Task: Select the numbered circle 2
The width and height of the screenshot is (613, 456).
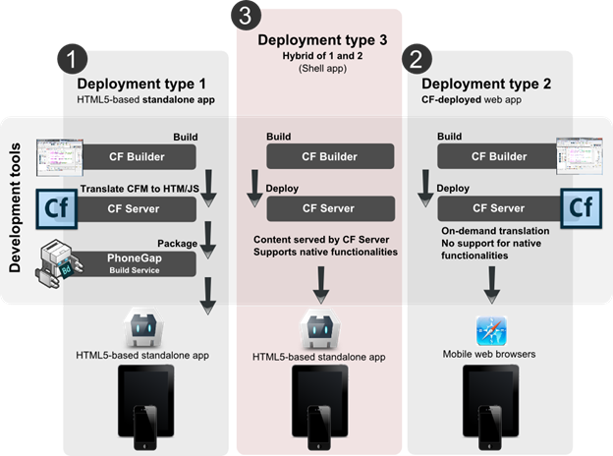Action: click(x=418, y=58)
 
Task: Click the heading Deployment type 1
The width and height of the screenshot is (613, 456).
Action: click(x=139, y=84)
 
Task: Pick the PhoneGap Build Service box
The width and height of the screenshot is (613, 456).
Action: click(x=139, y=262)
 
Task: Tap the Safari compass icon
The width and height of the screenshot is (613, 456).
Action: click(x=490, y=331)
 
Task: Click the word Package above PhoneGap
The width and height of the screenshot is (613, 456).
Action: click(x=177, y=242)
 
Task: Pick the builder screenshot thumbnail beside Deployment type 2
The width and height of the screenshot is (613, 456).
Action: click(x=574, y=155)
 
